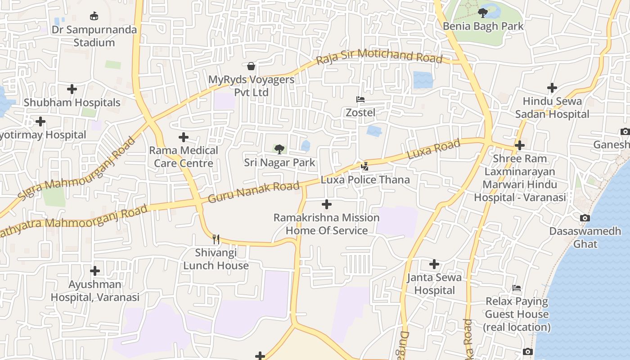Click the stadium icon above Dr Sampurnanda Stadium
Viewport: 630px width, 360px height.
tap(94, 17)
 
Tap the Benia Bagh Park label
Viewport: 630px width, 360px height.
tap(483, 26)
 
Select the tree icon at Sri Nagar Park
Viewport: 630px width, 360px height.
tap(279, 149)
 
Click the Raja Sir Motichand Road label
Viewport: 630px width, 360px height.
tap(379, 57)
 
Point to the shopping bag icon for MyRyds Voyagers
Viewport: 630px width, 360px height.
tap(251, 67)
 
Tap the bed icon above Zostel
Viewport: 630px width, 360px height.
tap(360, 99)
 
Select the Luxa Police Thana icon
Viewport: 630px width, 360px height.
tap(365, 166)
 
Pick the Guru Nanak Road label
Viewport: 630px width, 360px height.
tap(254, 192)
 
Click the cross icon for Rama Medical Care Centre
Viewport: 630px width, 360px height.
tap(184, 137)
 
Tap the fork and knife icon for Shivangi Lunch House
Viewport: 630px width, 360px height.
tap(216, 239)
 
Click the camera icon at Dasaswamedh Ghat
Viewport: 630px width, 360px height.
tap(585, 218)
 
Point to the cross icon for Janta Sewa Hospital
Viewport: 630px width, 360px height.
tap(434, 264)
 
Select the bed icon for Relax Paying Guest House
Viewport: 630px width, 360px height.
tap(517, 288)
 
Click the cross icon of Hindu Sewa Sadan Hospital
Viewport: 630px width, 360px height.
tap(552, 88)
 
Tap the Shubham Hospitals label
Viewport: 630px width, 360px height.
tap(72, 103)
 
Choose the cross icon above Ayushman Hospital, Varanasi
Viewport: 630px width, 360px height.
tap(95, 271)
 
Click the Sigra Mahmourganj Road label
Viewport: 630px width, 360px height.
tap(76, 170)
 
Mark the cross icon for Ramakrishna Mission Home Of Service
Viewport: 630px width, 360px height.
tap(327, 205)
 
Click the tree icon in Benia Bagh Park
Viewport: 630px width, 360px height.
tap(483, 13)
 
